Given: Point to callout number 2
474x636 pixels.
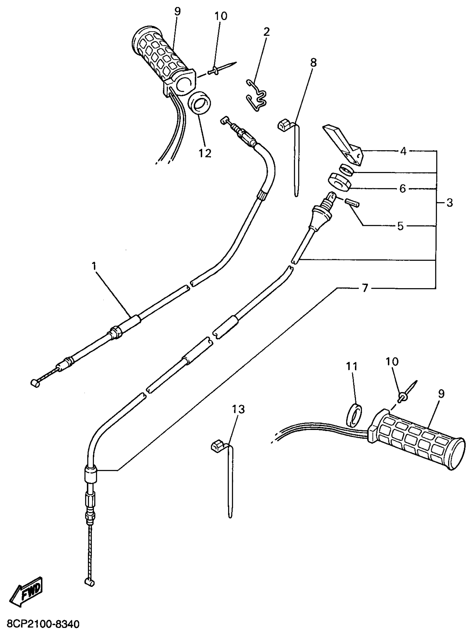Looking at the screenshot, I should pyautogui.click(x=267, y=32).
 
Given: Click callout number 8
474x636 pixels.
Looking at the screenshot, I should pyautogui.click(x=313, y=62).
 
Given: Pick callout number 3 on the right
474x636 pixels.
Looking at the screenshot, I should pyautogui.click(x=449, y=203).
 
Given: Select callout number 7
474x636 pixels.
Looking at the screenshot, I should pyautogui.click(x=365, y=288).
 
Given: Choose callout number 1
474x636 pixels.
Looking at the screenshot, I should pyautogui.click(x=94, y=266).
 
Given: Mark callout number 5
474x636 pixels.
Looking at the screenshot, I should pyautogui.click(x=400, y=226).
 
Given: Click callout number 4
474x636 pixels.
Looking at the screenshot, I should pyautogui.click(x=403, y=151).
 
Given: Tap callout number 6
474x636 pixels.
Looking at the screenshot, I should pyautogui.click(x=402, y=189).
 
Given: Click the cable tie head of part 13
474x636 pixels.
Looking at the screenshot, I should pyautogui.click(x=218, y=445).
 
